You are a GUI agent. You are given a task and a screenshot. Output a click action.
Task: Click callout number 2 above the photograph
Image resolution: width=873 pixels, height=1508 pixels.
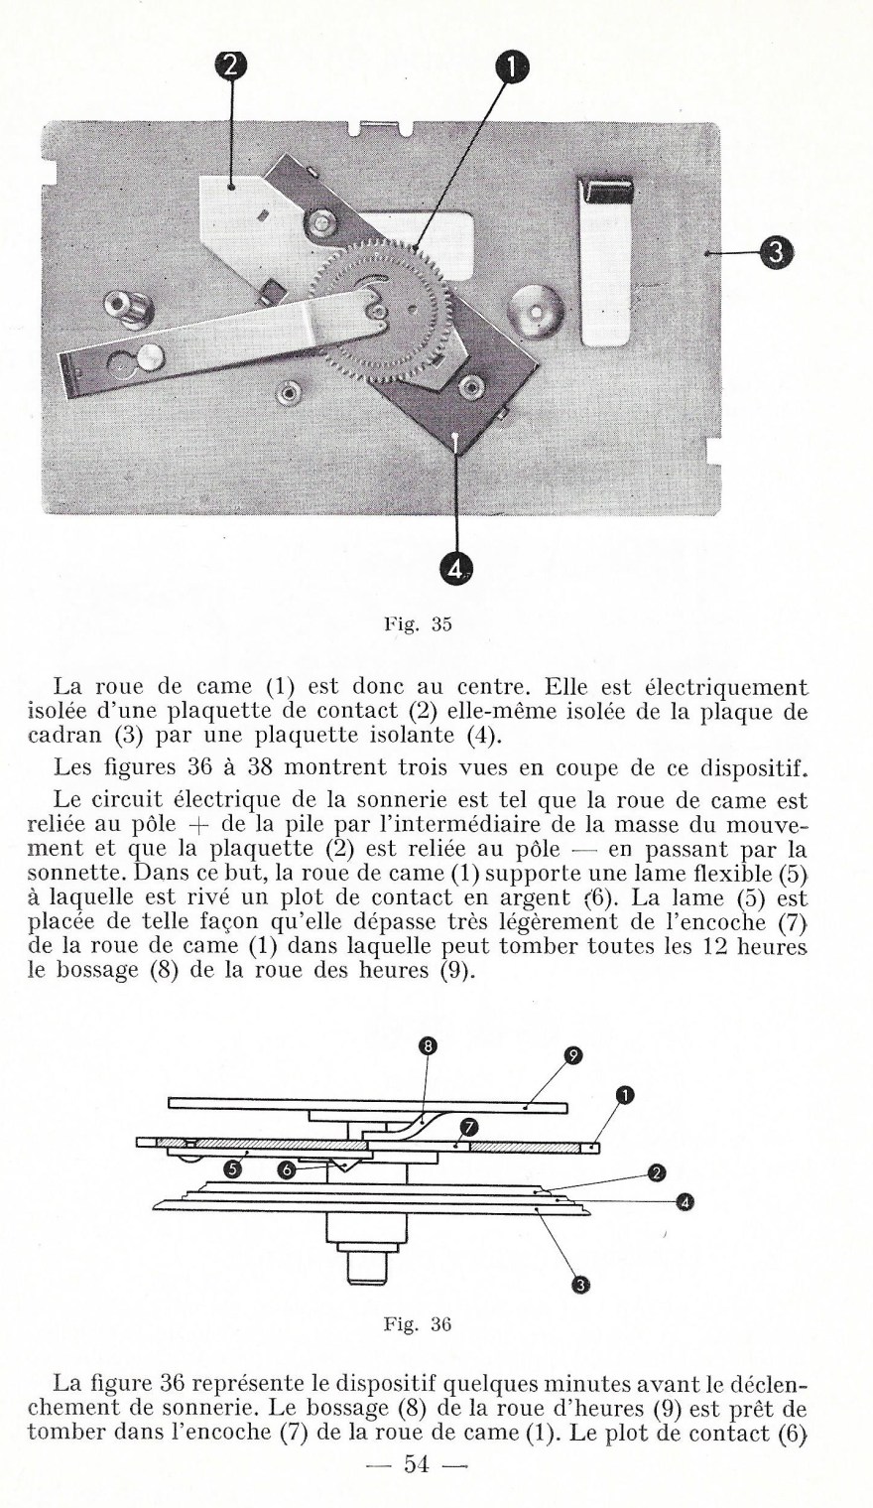[x=230, y=68]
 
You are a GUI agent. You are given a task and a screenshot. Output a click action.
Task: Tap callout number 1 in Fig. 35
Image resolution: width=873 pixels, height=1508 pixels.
[x=511, y=68]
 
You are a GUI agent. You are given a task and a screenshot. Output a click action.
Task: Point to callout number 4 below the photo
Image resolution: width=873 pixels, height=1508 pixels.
[x=455, y=568]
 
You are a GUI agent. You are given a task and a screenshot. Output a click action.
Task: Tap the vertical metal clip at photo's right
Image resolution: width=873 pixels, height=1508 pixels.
[x=606, y=262]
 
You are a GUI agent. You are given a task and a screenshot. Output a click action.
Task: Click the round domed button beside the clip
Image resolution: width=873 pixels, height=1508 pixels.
[x=536, y=314]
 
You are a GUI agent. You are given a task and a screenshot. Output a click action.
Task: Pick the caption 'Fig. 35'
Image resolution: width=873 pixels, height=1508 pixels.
[x=417, y=625]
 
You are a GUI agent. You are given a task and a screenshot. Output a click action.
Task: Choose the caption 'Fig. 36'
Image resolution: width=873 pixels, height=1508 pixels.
[x=417, y=1324]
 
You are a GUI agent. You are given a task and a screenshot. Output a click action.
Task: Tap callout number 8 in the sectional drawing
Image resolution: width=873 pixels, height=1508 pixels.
[x=428, y=1045]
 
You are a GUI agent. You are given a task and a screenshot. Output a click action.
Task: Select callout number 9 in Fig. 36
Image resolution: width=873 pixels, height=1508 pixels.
[x=572, y=1056]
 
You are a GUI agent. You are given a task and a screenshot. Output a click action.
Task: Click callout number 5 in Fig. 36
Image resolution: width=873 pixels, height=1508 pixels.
[x=232, y=1169]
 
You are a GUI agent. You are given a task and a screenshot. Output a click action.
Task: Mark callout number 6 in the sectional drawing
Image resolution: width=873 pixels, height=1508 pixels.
[x=287, y=1170]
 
